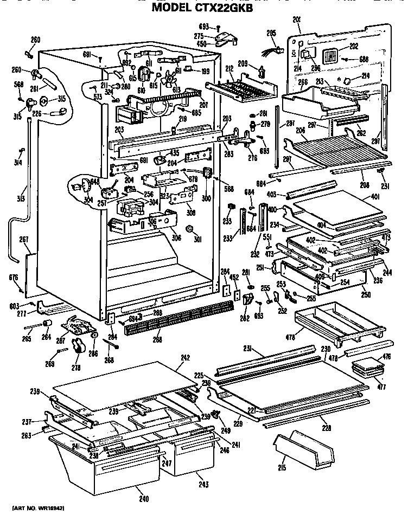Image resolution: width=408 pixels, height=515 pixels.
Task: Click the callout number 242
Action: tap(185, 357)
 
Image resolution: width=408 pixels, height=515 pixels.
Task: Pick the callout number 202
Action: tap(353, 47)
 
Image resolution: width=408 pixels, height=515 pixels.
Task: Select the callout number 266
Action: tap(303, 82)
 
